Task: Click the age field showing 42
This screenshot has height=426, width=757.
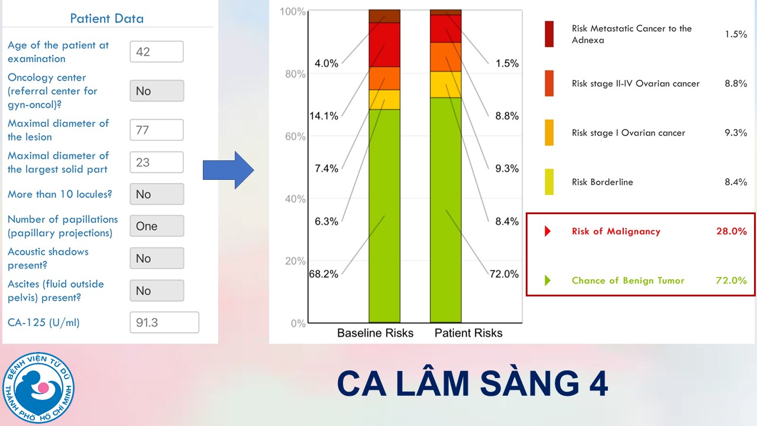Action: point(157,51)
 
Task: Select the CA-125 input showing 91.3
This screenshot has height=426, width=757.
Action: point(164,322)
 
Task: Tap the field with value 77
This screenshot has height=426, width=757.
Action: point(157,130)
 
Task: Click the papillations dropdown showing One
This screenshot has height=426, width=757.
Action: point(157,226)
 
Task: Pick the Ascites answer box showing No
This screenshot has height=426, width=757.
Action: point(157,291)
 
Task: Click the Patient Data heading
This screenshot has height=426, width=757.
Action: point(107,18)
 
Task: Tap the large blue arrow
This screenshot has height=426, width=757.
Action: point(228,170)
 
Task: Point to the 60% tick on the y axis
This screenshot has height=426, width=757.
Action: point(295,136)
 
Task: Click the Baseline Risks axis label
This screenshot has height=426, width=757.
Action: point(375,333)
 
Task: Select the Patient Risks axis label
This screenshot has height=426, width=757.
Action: point(468,333)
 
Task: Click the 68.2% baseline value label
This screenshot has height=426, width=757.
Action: point(323,273)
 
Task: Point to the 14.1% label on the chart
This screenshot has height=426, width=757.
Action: point(323,116)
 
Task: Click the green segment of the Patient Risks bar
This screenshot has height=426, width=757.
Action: point(446,210)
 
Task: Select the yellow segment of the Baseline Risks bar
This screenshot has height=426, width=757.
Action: point(384,100)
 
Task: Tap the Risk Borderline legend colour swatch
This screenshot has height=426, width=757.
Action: point(549,182)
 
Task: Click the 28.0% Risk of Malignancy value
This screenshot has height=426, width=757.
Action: point(732,231)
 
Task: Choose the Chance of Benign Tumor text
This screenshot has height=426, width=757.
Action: point(628,280)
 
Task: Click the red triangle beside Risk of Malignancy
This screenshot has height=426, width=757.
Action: point(548,231)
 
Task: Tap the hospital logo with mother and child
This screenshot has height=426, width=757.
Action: point(38,388)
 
